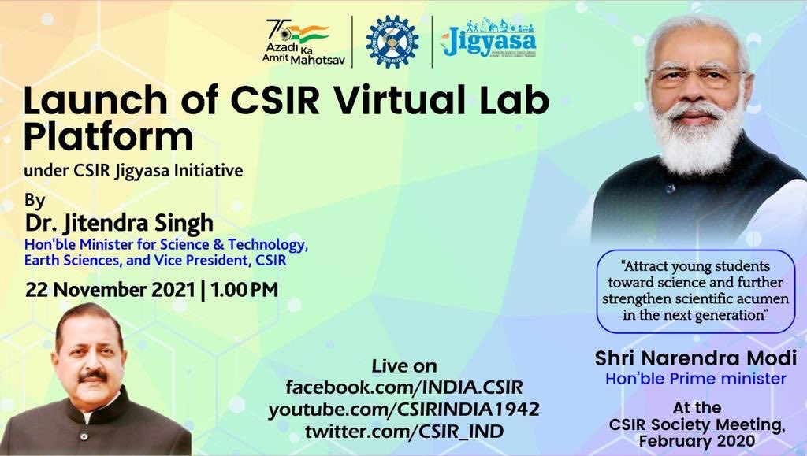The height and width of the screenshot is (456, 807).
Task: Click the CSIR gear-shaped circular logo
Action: (x=392, y=41)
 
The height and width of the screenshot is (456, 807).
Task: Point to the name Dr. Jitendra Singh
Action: (x=119, y=222)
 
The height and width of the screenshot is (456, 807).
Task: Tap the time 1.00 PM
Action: (x=244, y=289)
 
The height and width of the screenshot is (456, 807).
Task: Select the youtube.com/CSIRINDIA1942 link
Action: (x=403, y=410)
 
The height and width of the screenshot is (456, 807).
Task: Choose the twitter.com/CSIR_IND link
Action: (x=403, y=431)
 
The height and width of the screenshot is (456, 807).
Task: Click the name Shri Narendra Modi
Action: (x=696, y=358)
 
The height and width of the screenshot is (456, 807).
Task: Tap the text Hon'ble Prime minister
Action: (x=696, y=379)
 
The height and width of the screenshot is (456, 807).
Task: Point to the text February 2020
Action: (x=697, y=441)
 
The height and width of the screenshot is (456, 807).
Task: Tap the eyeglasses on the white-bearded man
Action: (x=694, y=76)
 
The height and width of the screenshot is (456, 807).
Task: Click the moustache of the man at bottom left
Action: (x=93, y=376)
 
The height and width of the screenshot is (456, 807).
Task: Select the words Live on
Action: (x=403, y=366)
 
